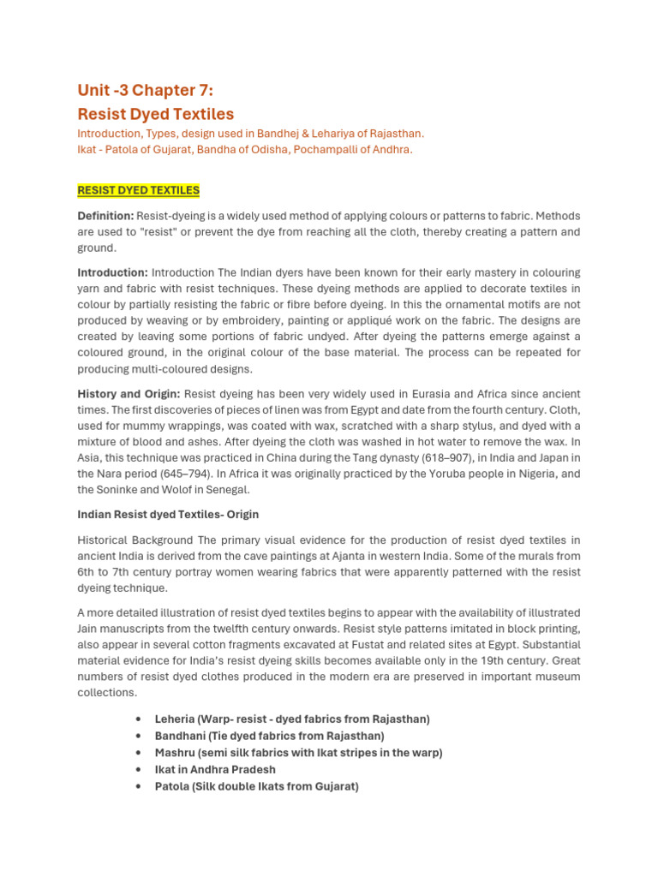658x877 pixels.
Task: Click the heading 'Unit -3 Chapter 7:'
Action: click(147, 91)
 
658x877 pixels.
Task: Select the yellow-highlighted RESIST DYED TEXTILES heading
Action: click(138, 190)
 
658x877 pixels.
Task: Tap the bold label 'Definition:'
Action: click(105, 216)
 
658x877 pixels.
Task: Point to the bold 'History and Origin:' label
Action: click(129, 394)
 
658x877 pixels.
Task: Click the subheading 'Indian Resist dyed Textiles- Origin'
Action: click(168, 515)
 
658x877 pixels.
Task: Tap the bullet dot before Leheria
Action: click(139, 719)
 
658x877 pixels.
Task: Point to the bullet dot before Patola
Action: click(139, 786)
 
